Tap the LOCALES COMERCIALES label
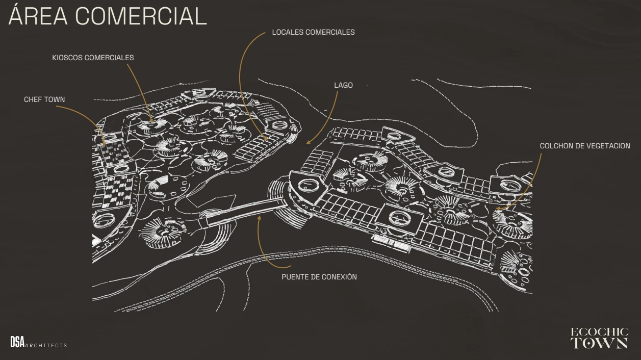click(313, 32)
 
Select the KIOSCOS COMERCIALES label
click(93, 58)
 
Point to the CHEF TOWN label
click(44, 99)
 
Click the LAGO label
click(343, 85)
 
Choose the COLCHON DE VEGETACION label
click(585, 146)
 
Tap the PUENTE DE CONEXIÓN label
click(319, 277)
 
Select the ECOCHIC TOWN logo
click(599, 338)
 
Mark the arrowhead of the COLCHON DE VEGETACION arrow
click(497, 209)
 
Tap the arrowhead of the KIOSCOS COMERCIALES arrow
click(151, 121)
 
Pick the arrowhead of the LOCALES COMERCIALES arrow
click(266, 139)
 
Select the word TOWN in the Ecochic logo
click(599, 343)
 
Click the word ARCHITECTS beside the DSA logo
click(46, 345)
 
